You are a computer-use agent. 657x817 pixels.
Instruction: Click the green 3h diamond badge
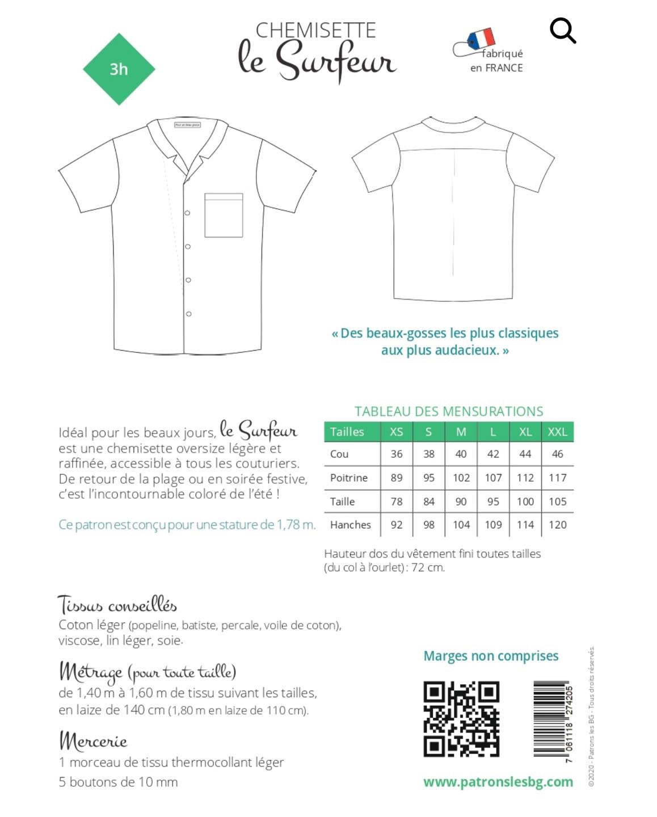tap(119, 69)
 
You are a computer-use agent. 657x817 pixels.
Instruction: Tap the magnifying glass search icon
tap(562, 30)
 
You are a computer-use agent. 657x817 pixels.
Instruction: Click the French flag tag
tap(481, 39)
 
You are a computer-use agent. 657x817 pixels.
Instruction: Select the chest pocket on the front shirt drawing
tap(224, 215)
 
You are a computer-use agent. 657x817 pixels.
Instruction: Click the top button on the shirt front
tap(188, 213)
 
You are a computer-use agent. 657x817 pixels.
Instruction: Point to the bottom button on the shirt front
tap(188, 314)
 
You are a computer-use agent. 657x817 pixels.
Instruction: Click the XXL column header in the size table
tap(557, 432)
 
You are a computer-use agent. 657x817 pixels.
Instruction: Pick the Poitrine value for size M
tap(461, 478)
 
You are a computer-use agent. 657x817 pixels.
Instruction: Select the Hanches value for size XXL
tap(557, 525)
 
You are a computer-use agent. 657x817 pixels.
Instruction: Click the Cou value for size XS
tap(397, 454)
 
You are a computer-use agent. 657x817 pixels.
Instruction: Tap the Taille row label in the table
tap(342, 502)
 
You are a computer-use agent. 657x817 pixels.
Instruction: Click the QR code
tap(461, 719)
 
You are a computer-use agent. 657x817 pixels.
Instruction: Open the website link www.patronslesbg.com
tap(498, 782)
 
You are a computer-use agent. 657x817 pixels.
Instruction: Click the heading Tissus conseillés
tap(117, 605)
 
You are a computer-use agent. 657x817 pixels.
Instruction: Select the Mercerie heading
tap(93, 740)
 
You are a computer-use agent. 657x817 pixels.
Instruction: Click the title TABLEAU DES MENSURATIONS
tap(449, 411)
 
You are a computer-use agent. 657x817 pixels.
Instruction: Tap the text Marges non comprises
tap(491, 656)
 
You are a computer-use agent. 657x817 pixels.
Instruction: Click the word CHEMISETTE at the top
tap(315, 30)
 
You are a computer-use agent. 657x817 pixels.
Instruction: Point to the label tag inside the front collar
tap(187, 125)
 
